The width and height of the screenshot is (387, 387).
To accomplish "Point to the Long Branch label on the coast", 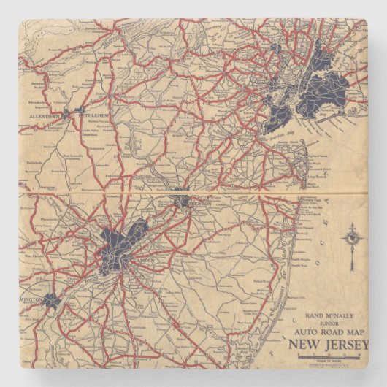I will point(315,176).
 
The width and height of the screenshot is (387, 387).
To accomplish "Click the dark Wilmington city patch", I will point(51,299).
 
